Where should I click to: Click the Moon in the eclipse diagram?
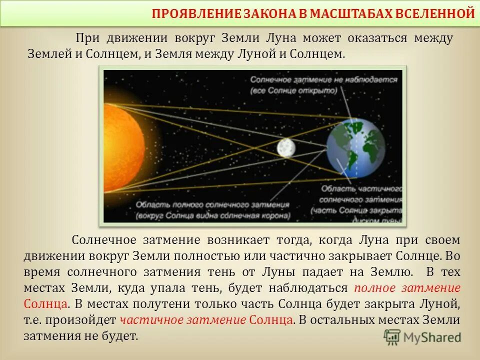point(285,147)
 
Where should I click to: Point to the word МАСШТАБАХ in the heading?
point(346,13)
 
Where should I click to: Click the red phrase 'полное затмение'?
point(407,288)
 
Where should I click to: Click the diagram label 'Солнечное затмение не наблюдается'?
point(325,79)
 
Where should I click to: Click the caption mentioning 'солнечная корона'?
point(212,216)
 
